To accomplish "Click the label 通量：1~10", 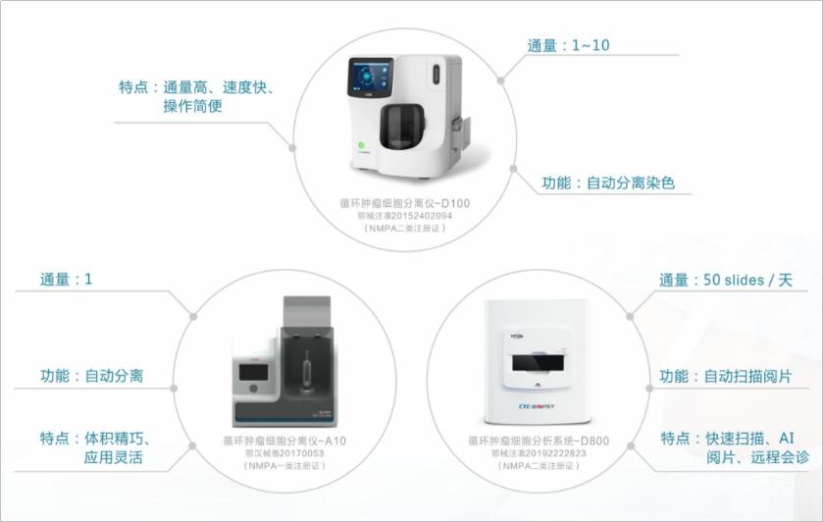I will pos(569,45).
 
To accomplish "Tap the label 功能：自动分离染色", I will pos(608,183).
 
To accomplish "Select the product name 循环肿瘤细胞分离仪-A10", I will pos(283,442).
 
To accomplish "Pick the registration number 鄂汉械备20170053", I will pos(283,453).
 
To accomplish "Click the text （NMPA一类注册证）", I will pos(283,466).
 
